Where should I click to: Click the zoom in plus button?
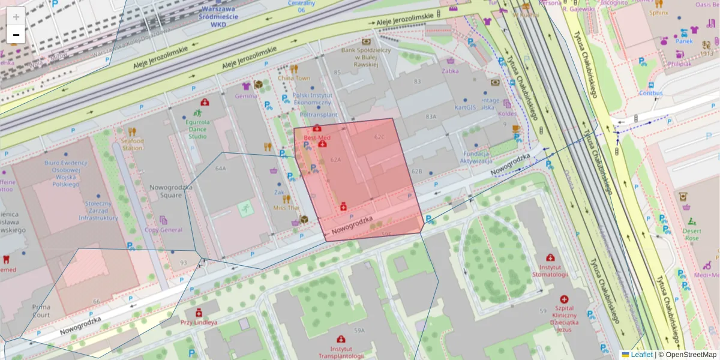coord(16,17)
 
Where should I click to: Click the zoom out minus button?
coord(16,35)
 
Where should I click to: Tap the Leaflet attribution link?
coord(641,355)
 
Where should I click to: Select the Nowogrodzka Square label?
coord(162,191)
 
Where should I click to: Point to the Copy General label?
coord(163,229)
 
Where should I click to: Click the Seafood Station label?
coord(133,144)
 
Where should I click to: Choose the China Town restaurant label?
coord(294,78)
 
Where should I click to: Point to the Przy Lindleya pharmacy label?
coord(199,322)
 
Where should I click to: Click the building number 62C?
coord(379,137)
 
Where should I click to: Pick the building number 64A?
coord(220,169)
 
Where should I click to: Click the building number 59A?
coord(359,330)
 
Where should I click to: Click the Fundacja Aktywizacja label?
coord(476,157)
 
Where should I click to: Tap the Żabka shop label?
coord(449,70)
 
